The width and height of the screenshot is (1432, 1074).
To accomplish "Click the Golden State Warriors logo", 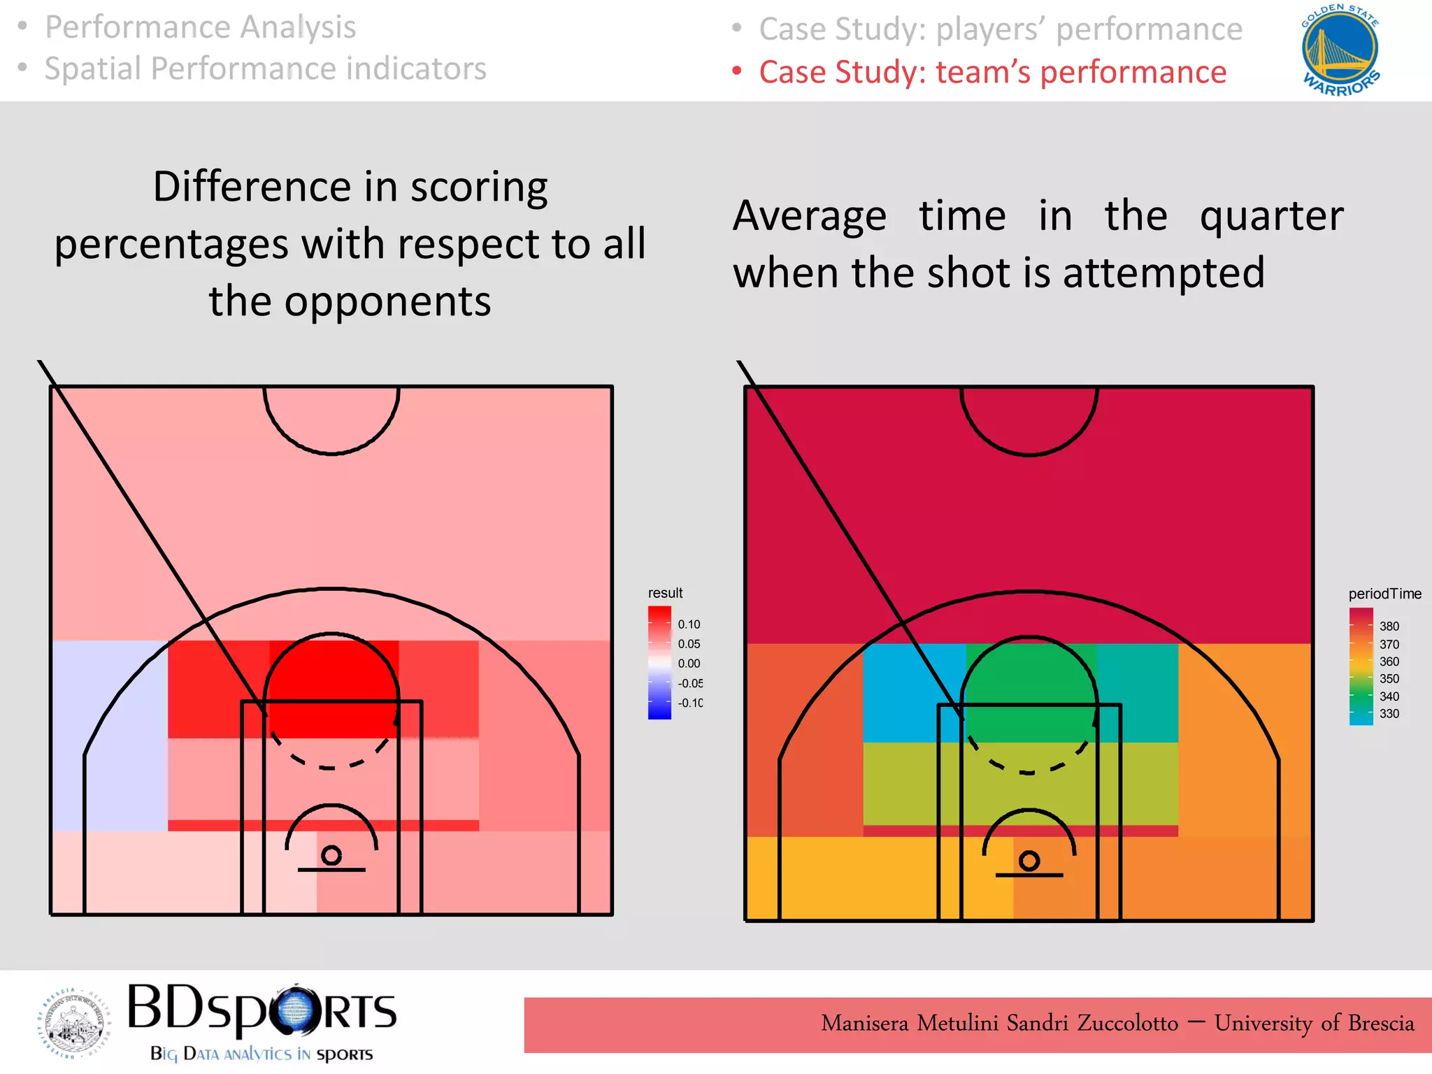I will tap(1340, 50).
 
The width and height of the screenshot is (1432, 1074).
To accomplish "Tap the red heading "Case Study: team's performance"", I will tap(993, 72).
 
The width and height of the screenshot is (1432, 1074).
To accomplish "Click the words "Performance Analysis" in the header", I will tap(201, 27).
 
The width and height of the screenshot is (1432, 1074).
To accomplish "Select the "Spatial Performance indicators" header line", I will tap(266, 69).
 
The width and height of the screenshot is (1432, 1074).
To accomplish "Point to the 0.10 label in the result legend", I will tap(689, 624).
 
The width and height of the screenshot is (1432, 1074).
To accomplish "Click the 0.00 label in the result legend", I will tap(689, 664).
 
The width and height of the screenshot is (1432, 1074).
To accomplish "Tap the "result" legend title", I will tap(665, 593).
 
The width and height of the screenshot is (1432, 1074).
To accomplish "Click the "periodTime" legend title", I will tap(1384, 594).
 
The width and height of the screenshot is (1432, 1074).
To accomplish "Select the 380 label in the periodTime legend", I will tap(1389, 626).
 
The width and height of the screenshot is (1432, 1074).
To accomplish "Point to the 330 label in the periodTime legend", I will tap(1389, 714).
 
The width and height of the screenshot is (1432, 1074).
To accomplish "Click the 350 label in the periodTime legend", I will tap(1389, 679).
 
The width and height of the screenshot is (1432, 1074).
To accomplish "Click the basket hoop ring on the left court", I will tap(331, 855).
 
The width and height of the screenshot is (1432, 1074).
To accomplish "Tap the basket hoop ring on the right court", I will tap(1029, 860).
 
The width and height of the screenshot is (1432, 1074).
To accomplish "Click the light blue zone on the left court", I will tap(108, 734).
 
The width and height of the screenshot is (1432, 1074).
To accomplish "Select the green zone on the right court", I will tap(1028, 692).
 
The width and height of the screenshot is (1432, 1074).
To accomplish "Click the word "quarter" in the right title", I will tap(1271, 216).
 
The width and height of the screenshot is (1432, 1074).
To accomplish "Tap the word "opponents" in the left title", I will tap(387, 301).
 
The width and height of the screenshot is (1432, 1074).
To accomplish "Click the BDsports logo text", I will tap(262, 1010).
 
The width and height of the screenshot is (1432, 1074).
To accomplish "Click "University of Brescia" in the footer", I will tap(1314, 1023).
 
